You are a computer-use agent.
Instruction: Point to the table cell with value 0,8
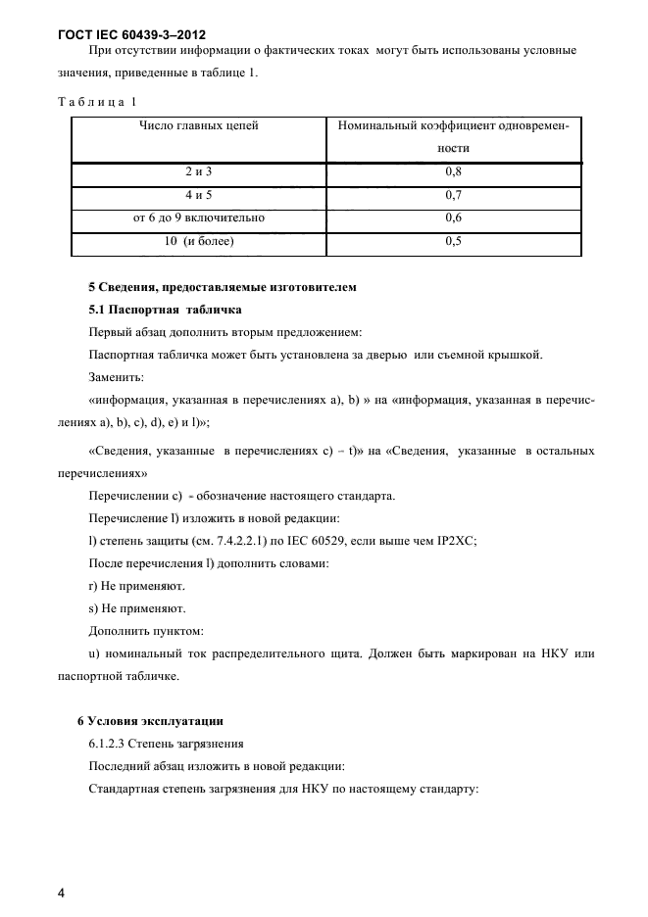click(x=453, y=171)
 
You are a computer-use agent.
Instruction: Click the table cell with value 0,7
click(x=453, y=195)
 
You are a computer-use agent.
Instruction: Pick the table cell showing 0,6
click(x=453, y=217)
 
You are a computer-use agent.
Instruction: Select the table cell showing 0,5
click(x=453, y=241)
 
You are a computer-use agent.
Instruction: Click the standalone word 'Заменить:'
click(x=116, y=376)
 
